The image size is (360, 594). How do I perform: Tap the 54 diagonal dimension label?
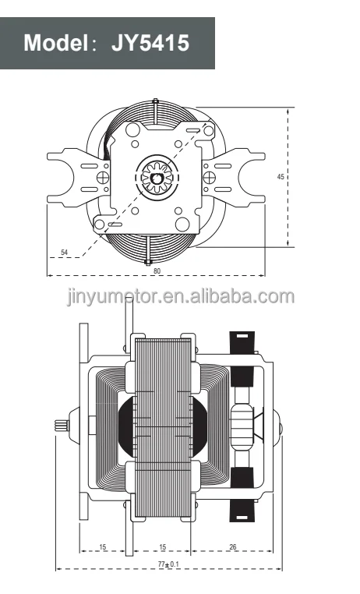(x=65, y=253)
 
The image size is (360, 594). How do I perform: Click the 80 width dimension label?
(x=157, y=270)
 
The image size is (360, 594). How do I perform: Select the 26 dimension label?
(x=233, y=546)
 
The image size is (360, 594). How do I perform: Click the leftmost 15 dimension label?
(x=103, y=546)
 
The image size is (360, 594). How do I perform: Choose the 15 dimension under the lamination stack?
(x=161, y=546)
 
